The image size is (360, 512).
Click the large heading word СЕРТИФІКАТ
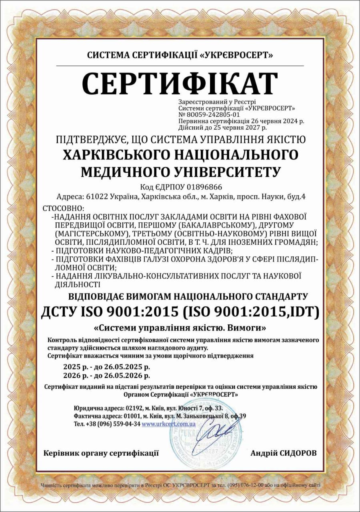180,83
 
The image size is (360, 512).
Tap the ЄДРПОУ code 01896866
205,187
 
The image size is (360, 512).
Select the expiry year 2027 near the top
252,128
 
